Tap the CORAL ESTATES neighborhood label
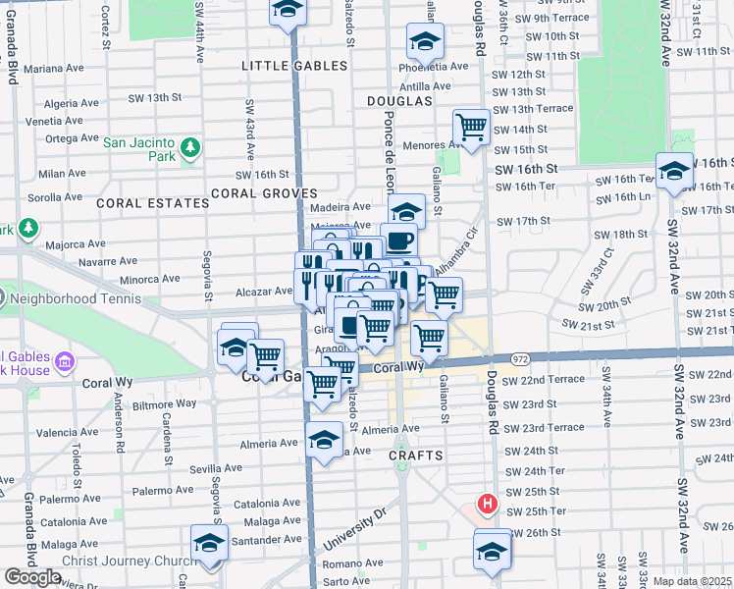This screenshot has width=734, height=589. (x=152, y=203)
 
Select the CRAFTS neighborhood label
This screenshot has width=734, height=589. (x=416, y=456)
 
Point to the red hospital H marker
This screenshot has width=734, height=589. (x=486, y=506)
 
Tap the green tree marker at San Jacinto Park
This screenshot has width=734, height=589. (x=189, y=149)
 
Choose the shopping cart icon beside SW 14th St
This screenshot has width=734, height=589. (x=472, y=129)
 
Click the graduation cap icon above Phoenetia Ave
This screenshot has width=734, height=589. (x=425, y=41)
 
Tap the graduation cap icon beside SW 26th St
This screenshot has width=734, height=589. (x=493, y=551)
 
